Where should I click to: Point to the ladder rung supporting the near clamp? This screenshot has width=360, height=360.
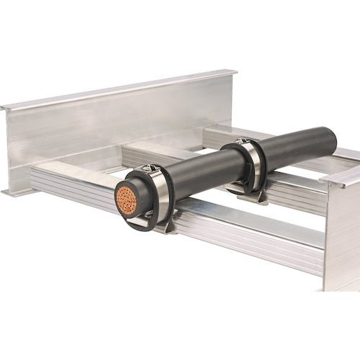(x=238, y=230)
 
